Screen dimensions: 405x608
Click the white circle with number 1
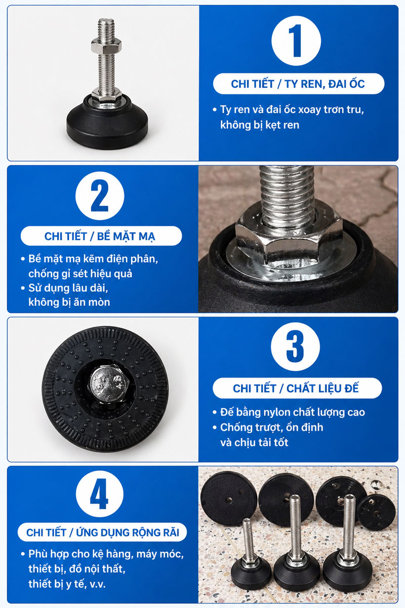(296, 41)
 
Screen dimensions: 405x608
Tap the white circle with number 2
(100, 196)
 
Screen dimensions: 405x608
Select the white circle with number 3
(296, 347)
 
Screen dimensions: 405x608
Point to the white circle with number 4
(100, 493)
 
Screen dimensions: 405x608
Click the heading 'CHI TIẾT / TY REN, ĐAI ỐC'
(298, 84)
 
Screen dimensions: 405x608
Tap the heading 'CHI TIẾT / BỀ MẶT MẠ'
(100, 236)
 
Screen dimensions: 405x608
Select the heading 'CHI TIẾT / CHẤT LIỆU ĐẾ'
(296, 389)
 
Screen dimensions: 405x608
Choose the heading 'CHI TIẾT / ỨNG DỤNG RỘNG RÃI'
(103, 533)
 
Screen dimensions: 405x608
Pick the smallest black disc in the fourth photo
(376, 512)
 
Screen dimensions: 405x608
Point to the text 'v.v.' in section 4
(97, 584)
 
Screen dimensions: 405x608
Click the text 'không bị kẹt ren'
(260, 125)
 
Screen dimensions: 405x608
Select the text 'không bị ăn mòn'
(69, 302)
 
